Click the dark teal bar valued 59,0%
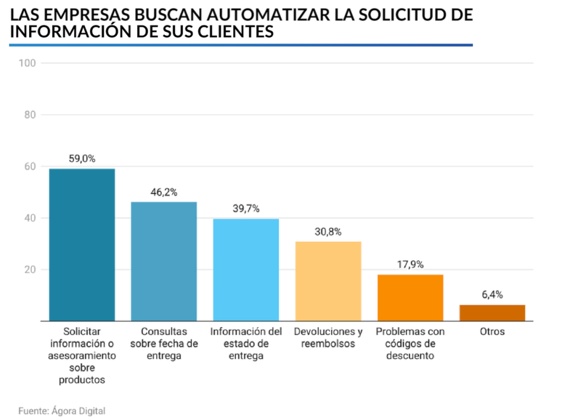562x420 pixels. point(82,245)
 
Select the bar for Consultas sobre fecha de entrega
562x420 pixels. point(164,261)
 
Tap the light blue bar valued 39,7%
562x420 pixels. point(246,269)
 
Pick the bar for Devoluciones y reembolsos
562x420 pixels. point(328,281)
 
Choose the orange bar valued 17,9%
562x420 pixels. point(410,297)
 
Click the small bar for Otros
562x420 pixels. point(492,313)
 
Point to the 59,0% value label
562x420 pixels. point(82,159)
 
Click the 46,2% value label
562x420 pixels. point(164,192)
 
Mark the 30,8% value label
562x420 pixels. point(328,232)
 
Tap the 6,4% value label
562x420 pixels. point(492,295)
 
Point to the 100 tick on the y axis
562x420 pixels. point(27,63)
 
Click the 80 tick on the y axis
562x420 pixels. point(30,115)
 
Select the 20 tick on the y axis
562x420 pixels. point(30,270)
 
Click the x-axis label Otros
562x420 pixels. point(492,332)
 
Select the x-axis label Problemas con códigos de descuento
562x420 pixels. point(410,344)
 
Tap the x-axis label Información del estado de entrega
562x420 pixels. point(246,344)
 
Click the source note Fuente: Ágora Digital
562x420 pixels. point(61,411)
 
